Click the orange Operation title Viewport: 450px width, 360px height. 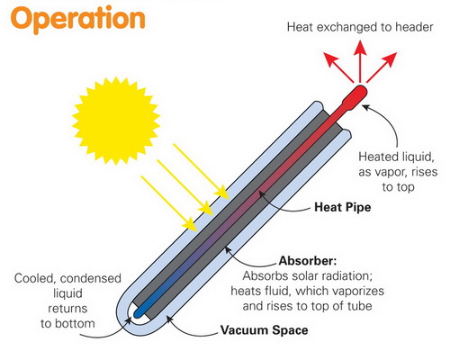coord(78,19)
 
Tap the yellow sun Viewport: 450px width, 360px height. coord(116,121)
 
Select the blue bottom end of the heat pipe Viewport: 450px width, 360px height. coord(139,313)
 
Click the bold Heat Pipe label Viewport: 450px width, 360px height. coord(343,207)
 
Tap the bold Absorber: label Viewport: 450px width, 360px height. coord(308,260)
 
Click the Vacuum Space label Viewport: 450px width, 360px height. coord(265,330)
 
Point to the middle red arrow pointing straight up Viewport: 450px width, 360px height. coord(360,61)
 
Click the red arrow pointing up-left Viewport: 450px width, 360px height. coord(338,67)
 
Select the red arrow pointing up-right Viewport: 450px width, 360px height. coord(382,67)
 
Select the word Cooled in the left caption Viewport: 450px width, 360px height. coord(34,278)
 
